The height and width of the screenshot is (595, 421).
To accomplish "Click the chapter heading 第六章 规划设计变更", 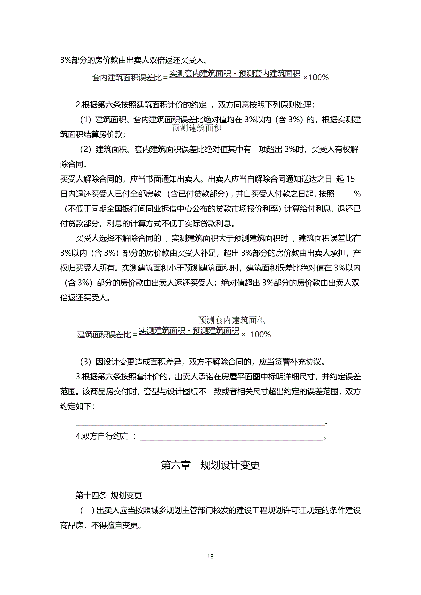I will click(210, 465).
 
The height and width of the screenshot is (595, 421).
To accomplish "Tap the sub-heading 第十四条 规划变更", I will click(109, 495).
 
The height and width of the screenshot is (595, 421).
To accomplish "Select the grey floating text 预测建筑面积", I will click(196, 128).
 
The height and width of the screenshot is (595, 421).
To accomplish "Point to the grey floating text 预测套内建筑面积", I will click(231, 320).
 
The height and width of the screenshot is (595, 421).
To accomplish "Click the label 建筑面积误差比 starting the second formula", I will click(104, 335).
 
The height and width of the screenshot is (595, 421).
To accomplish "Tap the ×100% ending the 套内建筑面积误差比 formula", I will click(316, 78).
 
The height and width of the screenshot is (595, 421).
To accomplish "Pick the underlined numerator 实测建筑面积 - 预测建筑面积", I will click(189, 330).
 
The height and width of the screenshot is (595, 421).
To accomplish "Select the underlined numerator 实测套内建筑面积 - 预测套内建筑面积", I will click(235, 74).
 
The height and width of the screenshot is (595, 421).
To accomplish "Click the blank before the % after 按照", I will click(344, 194).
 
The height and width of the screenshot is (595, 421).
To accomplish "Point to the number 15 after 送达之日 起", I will click(350, 179).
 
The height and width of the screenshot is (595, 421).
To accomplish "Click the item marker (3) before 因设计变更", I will click(86, 362).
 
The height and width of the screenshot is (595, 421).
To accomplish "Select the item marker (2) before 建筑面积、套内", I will click(86, 149).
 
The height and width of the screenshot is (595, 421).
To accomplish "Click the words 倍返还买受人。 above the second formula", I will click(86, 298).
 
